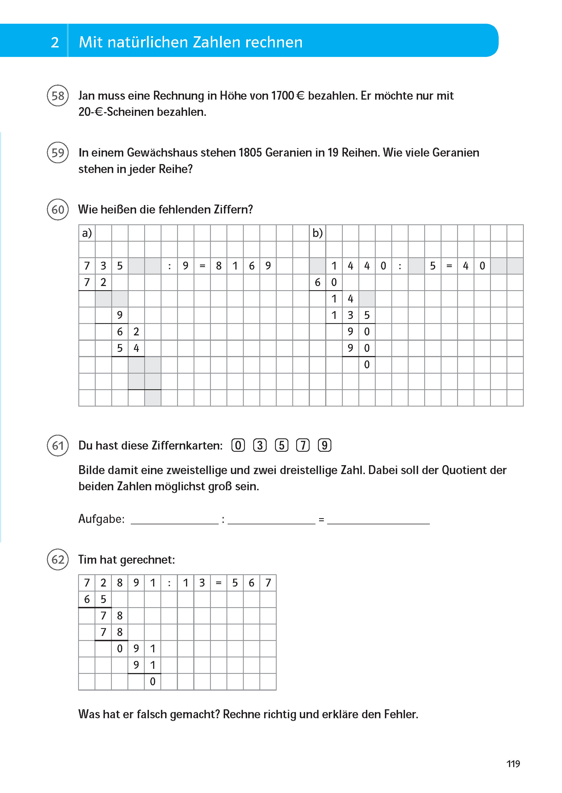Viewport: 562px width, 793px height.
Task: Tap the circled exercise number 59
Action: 58,152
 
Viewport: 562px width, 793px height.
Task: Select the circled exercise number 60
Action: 58,210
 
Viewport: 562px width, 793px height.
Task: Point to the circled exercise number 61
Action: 58,446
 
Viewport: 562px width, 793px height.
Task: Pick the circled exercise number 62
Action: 58,559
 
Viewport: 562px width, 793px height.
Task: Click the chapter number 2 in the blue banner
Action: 55,42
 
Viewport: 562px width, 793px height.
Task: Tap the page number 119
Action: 513,764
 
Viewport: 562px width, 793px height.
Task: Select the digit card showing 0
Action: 238,445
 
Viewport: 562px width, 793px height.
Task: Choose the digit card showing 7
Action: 303,445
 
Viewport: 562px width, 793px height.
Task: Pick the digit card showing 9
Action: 325,445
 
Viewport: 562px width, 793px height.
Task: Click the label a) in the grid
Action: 87,233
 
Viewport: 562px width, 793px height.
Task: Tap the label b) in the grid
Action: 317,233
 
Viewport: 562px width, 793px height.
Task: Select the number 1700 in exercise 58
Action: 282,96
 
